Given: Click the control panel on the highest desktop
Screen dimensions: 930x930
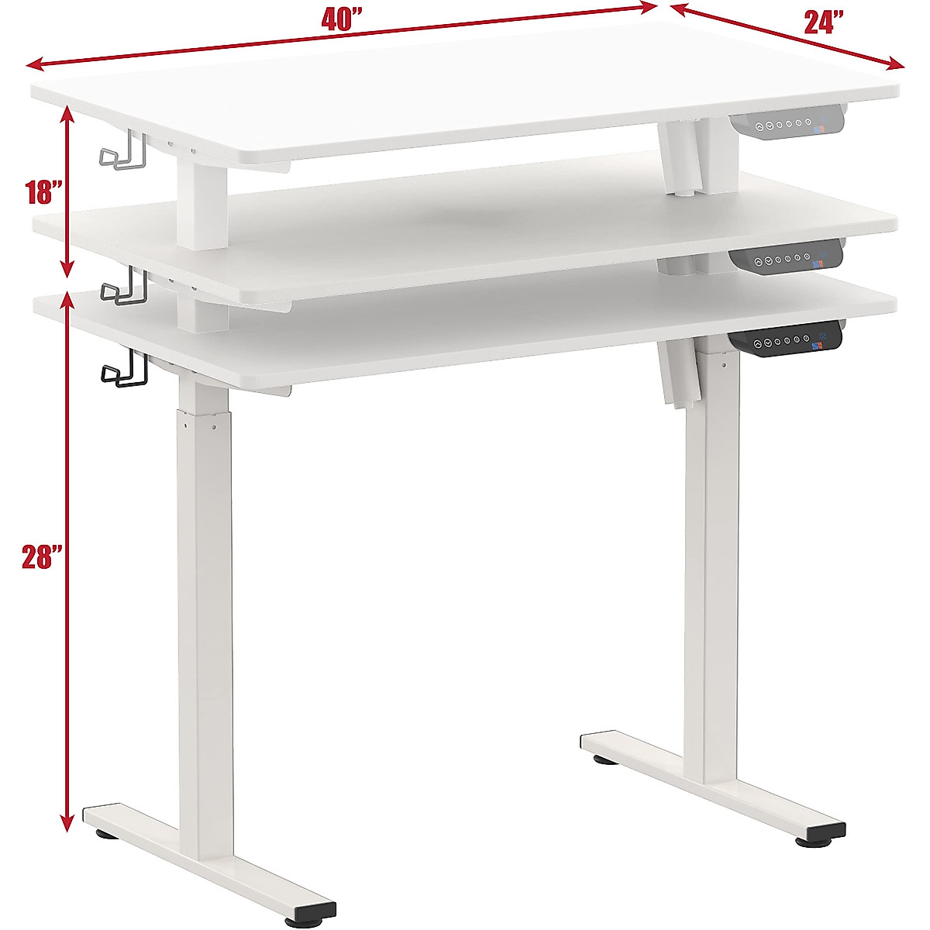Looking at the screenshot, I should coord(784,126).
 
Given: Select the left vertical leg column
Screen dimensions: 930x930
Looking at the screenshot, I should coord(201,620).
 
